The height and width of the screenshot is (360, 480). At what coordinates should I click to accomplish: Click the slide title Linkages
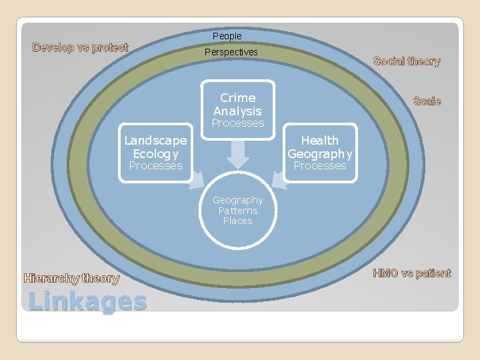87,302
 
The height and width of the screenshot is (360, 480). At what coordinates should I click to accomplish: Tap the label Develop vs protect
81,47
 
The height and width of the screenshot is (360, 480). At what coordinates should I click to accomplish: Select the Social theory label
407,61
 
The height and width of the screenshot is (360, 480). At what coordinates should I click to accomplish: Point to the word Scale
427,101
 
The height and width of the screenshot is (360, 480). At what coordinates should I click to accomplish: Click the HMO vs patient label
412,273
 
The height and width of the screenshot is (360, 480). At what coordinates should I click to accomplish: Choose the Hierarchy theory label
71,279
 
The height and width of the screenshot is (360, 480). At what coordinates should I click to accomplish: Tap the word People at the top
227,36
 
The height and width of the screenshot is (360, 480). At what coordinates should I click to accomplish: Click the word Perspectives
231,52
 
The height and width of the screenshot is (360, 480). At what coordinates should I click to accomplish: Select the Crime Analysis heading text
238,105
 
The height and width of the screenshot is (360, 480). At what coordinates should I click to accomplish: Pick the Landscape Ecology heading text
155,147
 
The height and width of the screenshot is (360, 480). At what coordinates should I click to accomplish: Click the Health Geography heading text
320,147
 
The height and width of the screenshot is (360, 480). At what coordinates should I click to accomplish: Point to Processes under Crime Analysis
238,123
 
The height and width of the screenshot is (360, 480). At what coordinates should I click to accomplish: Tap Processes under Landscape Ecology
155,166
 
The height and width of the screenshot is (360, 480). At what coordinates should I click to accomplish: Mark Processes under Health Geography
320,166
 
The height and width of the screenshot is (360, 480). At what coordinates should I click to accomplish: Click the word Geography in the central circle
238,200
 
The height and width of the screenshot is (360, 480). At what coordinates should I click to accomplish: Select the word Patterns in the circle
238,211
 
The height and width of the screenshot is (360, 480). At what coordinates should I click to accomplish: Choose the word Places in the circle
238,221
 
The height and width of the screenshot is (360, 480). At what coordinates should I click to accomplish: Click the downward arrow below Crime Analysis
238,156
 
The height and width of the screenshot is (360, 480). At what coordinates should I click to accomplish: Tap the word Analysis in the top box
238,111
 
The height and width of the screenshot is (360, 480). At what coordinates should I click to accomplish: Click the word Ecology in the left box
155,153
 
